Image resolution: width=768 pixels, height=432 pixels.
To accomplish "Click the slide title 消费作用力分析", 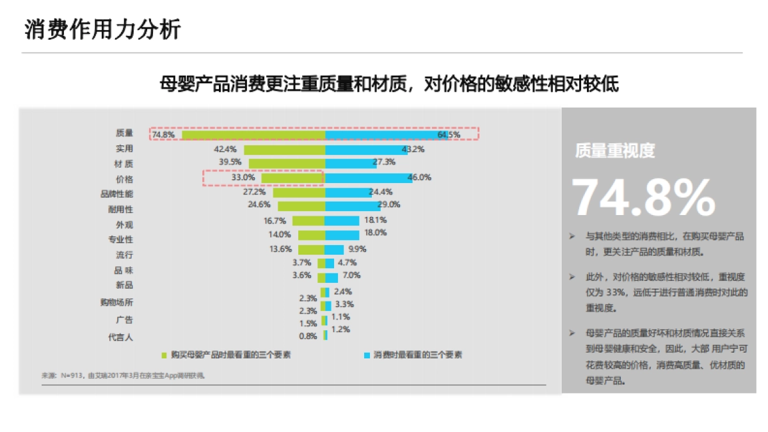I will click(102, 29).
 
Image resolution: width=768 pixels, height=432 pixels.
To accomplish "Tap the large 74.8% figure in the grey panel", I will click(643, 198).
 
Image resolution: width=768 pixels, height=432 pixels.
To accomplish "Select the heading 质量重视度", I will click(615, 150).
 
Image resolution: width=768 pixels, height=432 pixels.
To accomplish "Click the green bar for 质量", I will click(253, 134).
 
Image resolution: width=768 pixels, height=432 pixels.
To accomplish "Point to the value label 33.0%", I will click(243, 177).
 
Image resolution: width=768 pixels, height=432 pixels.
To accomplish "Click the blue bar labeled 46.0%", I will click(368, 177).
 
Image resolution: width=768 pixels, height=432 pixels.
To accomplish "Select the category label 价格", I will click(124, 180).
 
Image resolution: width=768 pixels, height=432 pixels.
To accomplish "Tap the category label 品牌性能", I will click(116, 194).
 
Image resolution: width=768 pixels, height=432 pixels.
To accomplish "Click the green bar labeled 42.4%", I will click(284, 149).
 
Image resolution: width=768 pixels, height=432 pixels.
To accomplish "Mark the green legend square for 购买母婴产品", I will click(164, 355).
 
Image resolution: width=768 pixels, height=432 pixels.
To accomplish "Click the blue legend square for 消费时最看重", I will click(367, 355).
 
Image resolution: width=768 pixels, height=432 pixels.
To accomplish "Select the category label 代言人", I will click(120, 337).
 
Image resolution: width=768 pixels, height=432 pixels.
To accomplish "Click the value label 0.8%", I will click(308, 336).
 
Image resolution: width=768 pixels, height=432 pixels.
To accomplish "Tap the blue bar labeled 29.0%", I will click(352, 206).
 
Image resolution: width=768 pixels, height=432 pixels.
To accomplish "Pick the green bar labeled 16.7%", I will click(308, 221).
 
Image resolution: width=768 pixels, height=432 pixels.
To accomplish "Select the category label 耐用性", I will click(120, 209).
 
